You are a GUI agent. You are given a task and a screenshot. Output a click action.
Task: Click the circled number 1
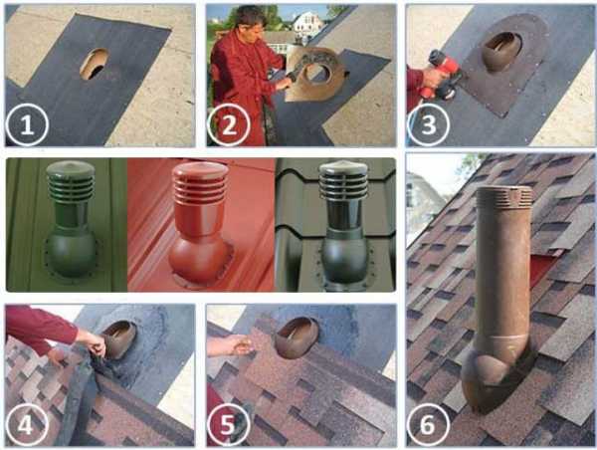coord(27,124)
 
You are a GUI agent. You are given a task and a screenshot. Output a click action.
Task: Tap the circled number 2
coord(229,124)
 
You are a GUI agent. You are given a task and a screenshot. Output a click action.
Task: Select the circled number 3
coord(428,124)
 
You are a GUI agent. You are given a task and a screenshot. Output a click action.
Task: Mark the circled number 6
coord(428,424)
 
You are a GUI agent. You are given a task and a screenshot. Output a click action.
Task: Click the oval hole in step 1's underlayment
coord(95,64)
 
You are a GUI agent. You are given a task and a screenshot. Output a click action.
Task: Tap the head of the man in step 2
coord(248,21)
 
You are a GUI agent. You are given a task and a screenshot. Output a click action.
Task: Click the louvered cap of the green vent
coord(71,181)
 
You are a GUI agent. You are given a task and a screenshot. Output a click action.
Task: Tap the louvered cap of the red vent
coord(200,183)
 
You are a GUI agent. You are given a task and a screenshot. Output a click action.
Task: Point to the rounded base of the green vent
coord(71,254)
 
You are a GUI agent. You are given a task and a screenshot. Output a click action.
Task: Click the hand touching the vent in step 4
coord(92,341)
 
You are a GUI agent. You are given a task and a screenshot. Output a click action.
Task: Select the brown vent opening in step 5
coord(297,337)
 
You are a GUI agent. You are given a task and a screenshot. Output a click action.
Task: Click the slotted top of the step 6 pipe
coord(503,195)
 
